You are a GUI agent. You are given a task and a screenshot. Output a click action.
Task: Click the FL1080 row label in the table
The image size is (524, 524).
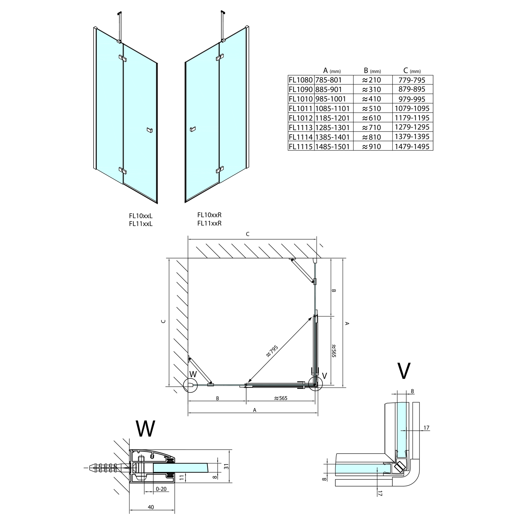tap(301, 80)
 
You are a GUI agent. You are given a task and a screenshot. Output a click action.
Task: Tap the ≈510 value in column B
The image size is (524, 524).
tap(371, 109)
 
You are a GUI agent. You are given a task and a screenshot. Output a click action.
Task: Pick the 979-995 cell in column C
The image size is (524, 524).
tap(412, 99)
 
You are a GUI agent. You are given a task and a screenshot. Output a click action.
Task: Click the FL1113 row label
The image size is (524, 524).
tap(301, 128)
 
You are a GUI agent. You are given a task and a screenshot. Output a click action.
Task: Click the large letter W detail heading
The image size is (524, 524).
tap(145, 429)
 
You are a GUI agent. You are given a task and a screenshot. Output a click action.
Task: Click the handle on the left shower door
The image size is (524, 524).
tap(150, 130)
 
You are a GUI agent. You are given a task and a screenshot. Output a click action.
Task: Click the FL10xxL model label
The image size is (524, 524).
tap(140, 216)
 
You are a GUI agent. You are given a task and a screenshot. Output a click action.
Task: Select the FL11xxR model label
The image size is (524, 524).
tap(209, 223)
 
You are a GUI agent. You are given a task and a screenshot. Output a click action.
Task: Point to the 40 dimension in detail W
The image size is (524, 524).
tap(151, 507)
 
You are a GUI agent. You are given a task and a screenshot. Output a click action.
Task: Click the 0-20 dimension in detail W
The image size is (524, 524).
tap(161, 489)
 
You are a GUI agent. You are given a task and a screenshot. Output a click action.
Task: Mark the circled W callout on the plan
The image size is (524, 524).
tap(190, 384)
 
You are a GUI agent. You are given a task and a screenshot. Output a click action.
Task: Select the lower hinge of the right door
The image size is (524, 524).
tap(219, 170)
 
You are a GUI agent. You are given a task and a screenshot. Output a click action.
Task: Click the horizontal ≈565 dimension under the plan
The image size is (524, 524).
tap(281, 398)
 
